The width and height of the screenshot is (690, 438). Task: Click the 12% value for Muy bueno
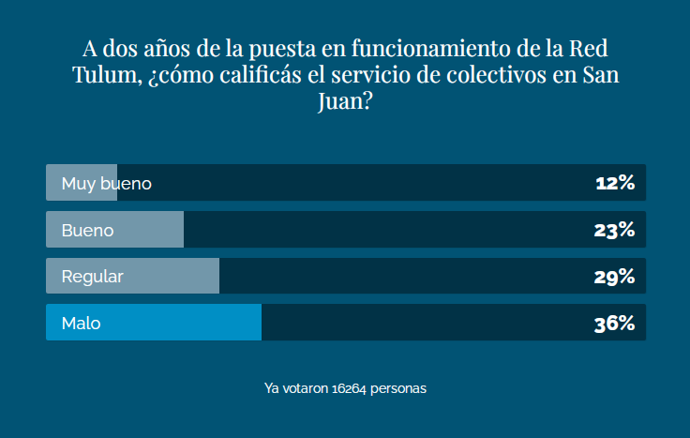615,183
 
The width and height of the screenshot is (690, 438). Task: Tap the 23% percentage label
615,230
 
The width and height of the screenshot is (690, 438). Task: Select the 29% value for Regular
615,277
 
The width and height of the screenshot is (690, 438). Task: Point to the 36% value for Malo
615,324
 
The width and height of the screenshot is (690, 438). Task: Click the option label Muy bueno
106,184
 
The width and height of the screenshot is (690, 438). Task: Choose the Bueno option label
87,230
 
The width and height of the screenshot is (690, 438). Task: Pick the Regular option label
92,277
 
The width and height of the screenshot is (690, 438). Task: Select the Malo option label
81,324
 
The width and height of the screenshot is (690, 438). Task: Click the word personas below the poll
400,386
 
